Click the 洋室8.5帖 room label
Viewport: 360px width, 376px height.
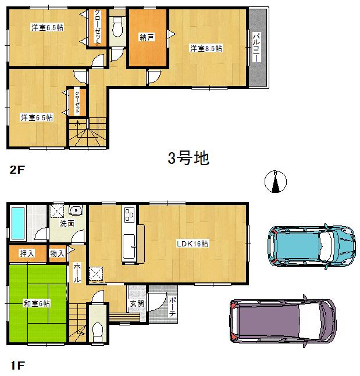click(x=206, y=49)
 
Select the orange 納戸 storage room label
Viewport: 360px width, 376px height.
click(x=147, y=37)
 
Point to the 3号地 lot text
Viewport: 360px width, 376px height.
click(x=188, y=158)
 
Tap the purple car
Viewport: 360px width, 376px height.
click(x=282, y=324)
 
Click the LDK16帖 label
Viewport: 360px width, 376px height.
click(x=193, y=243)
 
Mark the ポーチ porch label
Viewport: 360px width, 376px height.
click(x=172, y=306)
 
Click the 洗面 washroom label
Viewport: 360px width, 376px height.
click(x=66, y=223)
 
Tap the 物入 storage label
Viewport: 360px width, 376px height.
click(x=56, y=253)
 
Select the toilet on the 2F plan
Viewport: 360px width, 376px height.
click(x=118, y=28)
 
